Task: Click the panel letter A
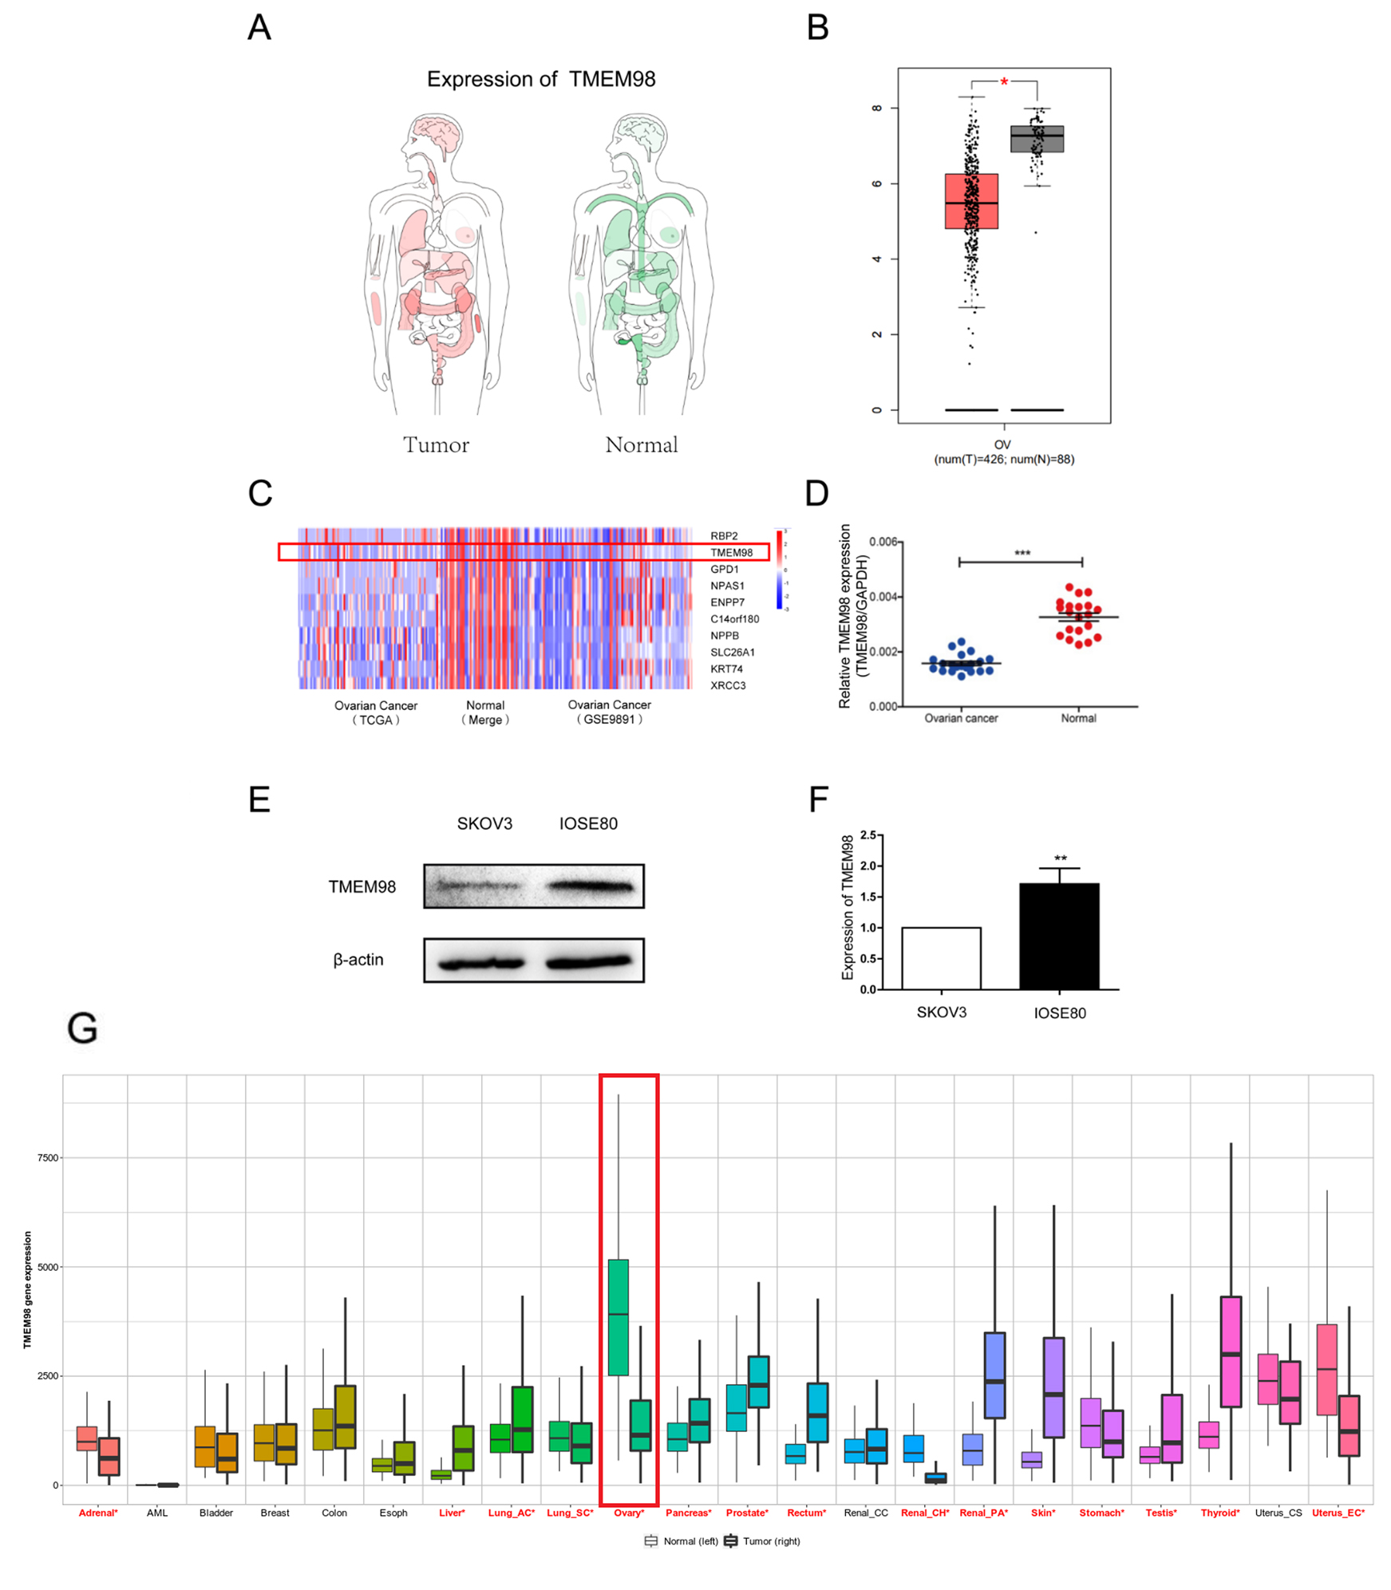click(259, 27)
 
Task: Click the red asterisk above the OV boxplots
click(1003, 82)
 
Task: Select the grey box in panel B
click(1036, 139)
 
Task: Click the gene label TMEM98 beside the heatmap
click(730, 552)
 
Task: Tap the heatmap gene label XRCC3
click(727, 685)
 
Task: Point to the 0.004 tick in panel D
click(883, 597)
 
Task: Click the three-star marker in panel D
click(1022, 553)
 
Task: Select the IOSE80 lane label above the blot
click(587, 823)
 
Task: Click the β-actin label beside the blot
click(358, 959)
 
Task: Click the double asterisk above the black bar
click(1059, 858)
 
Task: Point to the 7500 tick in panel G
click(48, 1158)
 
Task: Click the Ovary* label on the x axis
click(628, 1513)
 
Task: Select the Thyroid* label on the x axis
click(1219, 1513)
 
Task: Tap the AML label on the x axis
click(156, 1513)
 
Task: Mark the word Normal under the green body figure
click(641, 444)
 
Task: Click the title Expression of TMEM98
click(540, 79)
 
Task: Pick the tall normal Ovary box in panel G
click(618, 1317)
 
